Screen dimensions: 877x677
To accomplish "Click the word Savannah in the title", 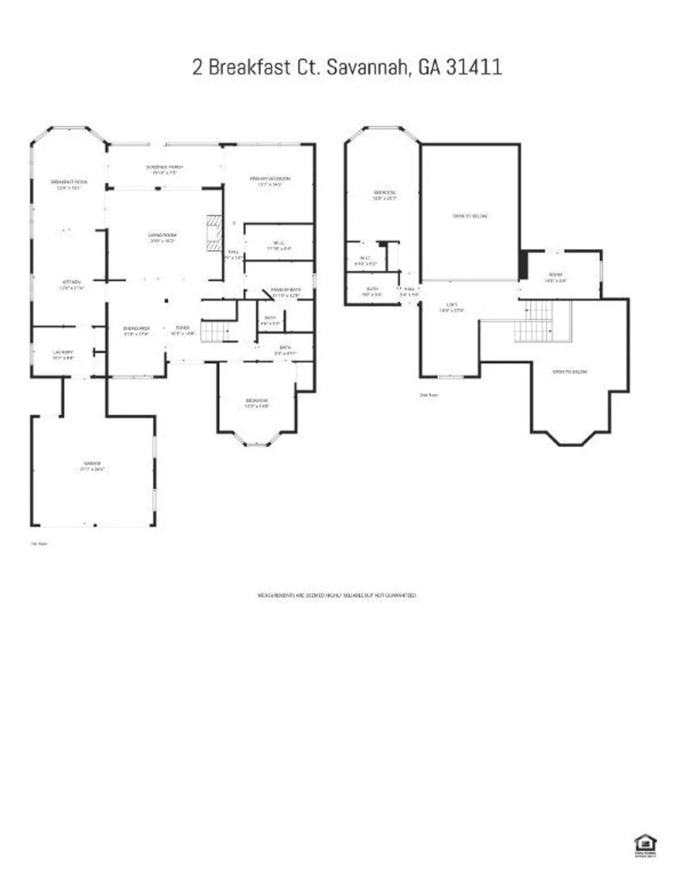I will pos(366,67).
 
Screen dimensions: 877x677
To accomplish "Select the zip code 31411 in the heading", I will pos(474,67).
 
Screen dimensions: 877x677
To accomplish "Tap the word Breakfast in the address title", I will pos(249,67).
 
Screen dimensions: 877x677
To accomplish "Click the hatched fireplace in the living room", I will pos(214,232).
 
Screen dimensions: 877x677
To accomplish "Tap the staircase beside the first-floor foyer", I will pos(215,332).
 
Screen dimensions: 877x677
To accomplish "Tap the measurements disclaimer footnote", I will pos(337,595).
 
